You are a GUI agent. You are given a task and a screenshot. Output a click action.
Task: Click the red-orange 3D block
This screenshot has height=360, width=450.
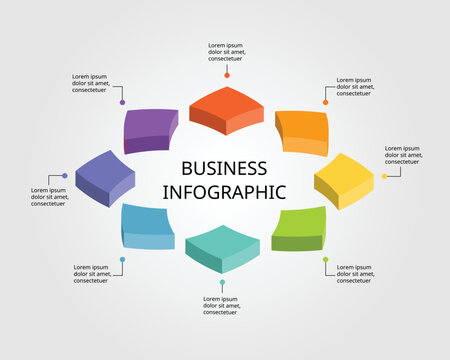pyautogui.click(x=226, y=108)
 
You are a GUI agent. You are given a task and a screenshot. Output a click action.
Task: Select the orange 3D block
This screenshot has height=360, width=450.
pyautogui.click(x=301, y=130)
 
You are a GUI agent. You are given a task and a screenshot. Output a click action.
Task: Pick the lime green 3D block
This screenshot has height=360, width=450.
pyautogui.click(x=299, y=228)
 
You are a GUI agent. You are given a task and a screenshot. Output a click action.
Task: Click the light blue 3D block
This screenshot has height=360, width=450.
pyautogui.click(x=148, y=225)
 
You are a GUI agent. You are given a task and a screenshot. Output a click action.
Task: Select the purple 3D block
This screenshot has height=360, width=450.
pyautogui.click(x=151, y=129)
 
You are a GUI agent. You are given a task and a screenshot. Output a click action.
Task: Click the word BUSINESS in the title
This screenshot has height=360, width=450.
pyautogui.click(x=225, y=168)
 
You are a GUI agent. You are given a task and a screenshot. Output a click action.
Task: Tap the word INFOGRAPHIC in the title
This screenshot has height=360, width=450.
pyautogui.click(x=225, y=191)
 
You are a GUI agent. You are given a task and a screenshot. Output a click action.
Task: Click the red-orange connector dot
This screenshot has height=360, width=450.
pyautogui.click(x=227, y=75)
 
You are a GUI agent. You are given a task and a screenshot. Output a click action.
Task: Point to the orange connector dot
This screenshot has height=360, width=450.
pyautogui.click(x=325, y=102)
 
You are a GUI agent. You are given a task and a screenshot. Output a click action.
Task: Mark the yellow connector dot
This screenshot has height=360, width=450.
pyautogui.click(x=384, y=176)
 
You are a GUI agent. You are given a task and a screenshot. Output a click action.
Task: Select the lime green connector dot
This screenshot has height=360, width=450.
pyautogui.click(x=325, y=260)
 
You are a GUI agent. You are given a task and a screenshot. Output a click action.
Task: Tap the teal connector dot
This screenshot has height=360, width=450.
pyautogui.click(x=222, y=283)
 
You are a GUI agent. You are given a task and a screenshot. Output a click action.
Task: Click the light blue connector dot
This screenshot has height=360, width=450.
pyautogui.click(x=122, y=260)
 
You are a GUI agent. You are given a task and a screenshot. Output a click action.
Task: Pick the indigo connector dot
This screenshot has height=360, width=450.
pyautogui.click(x=65, y=176)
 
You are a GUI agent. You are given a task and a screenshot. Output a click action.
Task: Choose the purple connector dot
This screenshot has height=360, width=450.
pyautogui.click(x=122, y=102)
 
